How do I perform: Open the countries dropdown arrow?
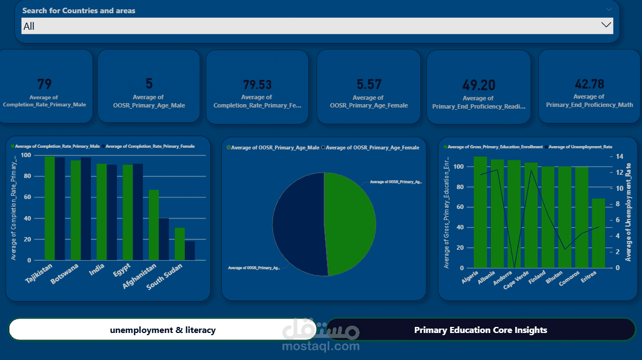click(606, 25)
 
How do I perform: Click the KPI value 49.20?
click(479, 85)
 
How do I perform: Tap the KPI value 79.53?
click(258, 84)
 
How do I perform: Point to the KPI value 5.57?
click(368, 84)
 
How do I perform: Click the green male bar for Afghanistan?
click(154, 225)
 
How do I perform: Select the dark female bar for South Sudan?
click(190, 251)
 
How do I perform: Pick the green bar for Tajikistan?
click(50, 208)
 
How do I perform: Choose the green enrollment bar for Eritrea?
click(598, 233)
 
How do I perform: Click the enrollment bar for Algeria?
click(480, 212)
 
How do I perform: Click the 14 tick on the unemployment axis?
click(619, 157)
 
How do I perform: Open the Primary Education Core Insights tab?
click(480, 330)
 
